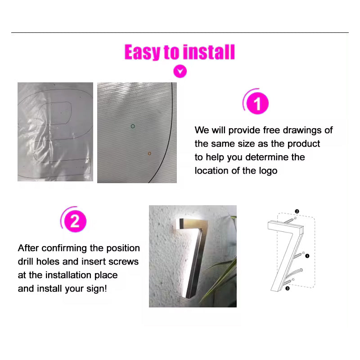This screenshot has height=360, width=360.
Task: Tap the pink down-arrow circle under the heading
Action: coord(180,71)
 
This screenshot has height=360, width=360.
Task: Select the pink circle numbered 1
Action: coord(257,103)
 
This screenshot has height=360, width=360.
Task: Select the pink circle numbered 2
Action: coord(75,221)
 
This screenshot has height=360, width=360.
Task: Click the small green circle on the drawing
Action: coord(133,126)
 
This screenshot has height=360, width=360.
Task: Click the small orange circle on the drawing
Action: coord(149,153)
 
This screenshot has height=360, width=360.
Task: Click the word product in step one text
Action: coord(303,144)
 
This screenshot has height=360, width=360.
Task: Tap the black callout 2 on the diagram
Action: coord(297,211)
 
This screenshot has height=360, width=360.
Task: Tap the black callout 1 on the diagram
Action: coord(307,256)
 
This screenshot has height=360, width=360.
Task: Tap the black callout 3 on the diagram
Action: coord(287,288)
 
